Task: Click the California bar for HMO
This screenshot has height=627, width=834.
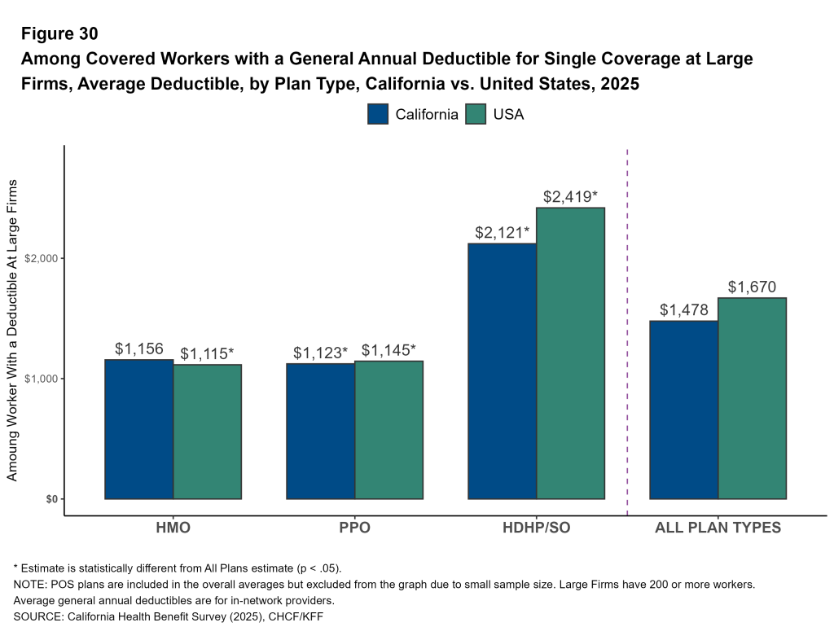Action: point(139,429)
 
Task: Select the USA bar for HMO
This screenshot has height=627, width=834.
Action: point(208,432)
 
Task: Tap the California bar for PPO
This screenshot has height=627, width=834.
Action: point(321,431)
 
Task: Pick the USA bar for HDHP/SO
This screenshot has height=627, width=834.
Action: point(570,353)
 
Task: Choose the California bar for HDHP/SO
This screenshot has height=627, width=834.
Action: point(502,371)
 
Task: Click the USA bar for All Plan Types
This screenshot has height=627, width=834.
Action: point(752,398)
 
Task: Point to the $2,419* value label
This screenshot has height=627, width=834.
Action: point(570,196)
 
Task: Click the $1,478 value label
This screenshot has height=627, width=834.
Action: point(683,309)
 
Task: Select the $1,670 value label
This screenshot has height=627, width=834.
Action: point(752,287)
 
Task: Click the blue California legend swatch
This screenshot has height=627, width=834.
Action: point(378,114)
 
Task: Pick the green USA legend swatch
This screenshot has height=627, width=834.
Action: point(476,114)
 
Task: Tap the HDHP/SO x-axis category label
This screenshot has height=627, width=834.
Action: point(536,528)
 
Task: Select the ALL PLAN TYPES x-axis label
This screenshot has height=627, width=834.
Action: point(718,528)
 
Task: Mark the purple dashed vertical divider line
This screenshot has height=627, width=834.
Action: point(627,326)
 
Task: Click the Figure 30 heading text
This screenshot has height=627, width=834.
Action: point(59,33)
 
